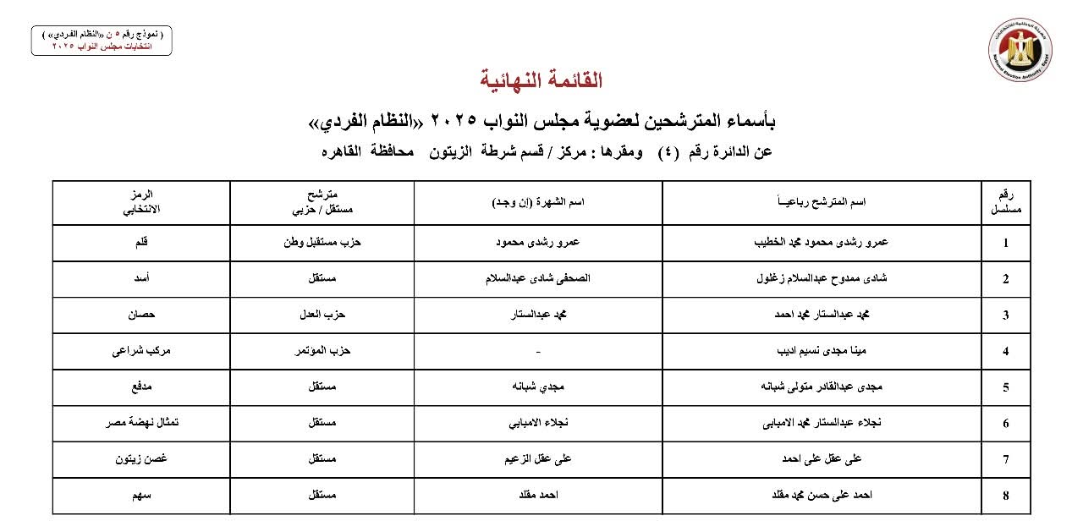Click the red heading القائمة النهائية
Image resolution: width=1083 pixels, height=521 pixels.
tap(541, 81)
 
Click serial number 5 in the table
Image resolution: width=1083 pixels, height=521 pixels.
tap(1006, 388)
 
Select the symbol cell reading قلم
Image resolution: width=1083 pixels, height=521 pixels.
tap(141, 243)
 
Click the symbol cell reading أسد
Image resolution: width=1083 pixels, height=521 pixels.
tap(141, 278)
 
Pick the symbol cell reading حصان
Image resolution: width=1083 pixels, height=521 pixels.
tap(141, 315)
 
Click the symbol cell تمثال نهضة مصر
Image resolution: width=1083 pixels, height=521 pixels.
tap(141, 423)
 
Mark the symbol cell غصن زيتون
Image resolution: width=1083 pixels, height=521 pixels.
tap(141, 458)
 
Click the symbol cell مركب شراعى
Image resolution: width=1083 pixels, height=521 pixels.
tap(141, 351)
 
